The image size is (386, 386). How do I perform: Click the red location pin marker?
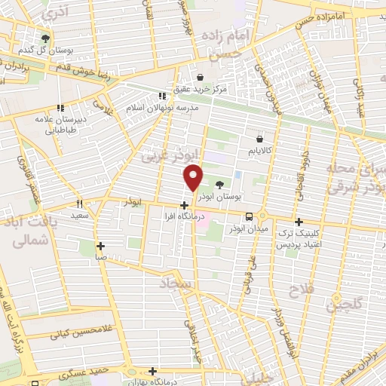tap(194, 176)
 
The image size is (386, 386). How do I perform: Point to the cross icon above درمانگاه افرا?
tap(185, 204)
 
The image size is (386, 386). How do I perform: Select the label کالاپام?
tap(261, 152)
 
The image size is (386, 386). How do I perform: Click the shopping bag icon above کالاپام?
tap(260, 139)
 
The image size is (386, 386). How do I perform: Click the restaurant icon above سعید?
tap(79, 204)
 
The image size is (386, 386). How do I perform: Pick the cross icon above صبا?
tap(100, 246)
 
